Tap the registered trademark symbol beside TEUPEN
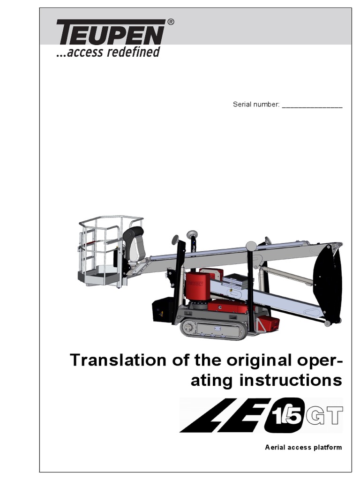(x=171, y=22)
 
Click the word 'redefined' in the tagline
(x=133, y=52)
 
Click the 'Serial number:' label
(x=256, y=104)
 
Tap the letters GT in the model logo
(x=325, y=415)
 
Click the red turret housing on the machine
(x=198, y=286)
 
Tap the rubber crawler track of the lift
(x=213, y=329)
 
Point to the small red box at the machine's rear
(x=269, y=323)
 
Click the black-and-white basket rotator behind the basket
(x=135, y=244)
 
